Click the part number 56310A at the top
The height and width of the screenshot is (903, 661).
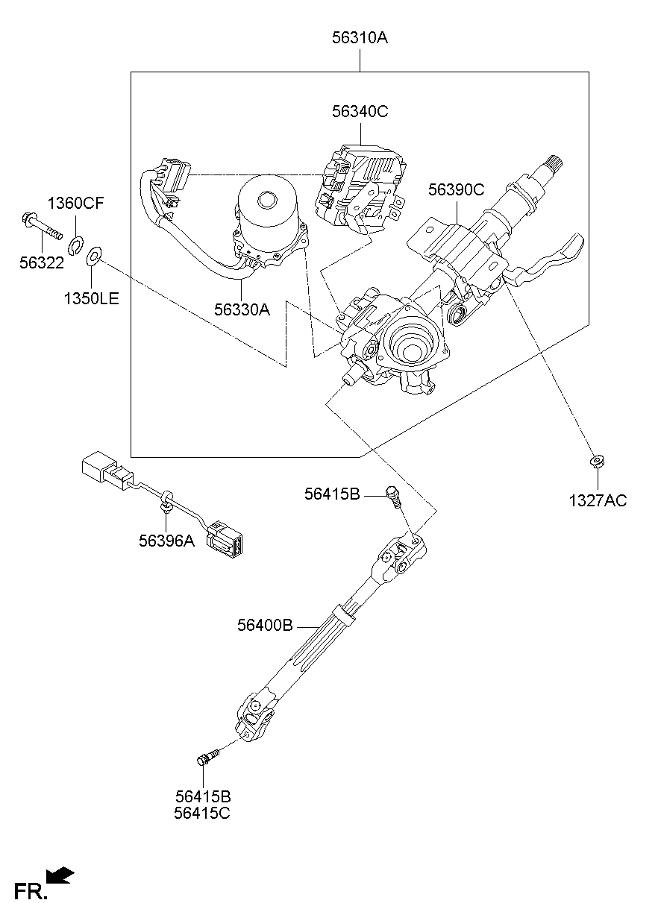[360, 37]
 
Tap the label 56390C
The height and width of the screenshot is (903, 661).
[456, 190]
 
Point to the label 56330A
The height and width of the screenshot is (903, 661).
[241, 309]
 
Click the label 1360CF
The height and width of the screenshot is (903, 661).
[76, 204]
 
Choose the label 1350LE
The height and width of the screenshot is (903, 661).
[91, 300]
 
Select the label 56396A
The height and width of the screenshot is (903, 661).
[166, 541]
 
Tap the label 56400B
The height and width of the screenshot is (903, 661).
[265, 626]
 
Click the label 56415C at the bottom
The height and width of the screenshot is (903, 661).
[202, 814]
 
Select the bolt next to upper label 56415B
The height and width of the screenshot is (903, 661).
[393, 494]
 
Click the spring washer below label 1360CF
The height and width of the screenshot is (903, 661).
[75, 244]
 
